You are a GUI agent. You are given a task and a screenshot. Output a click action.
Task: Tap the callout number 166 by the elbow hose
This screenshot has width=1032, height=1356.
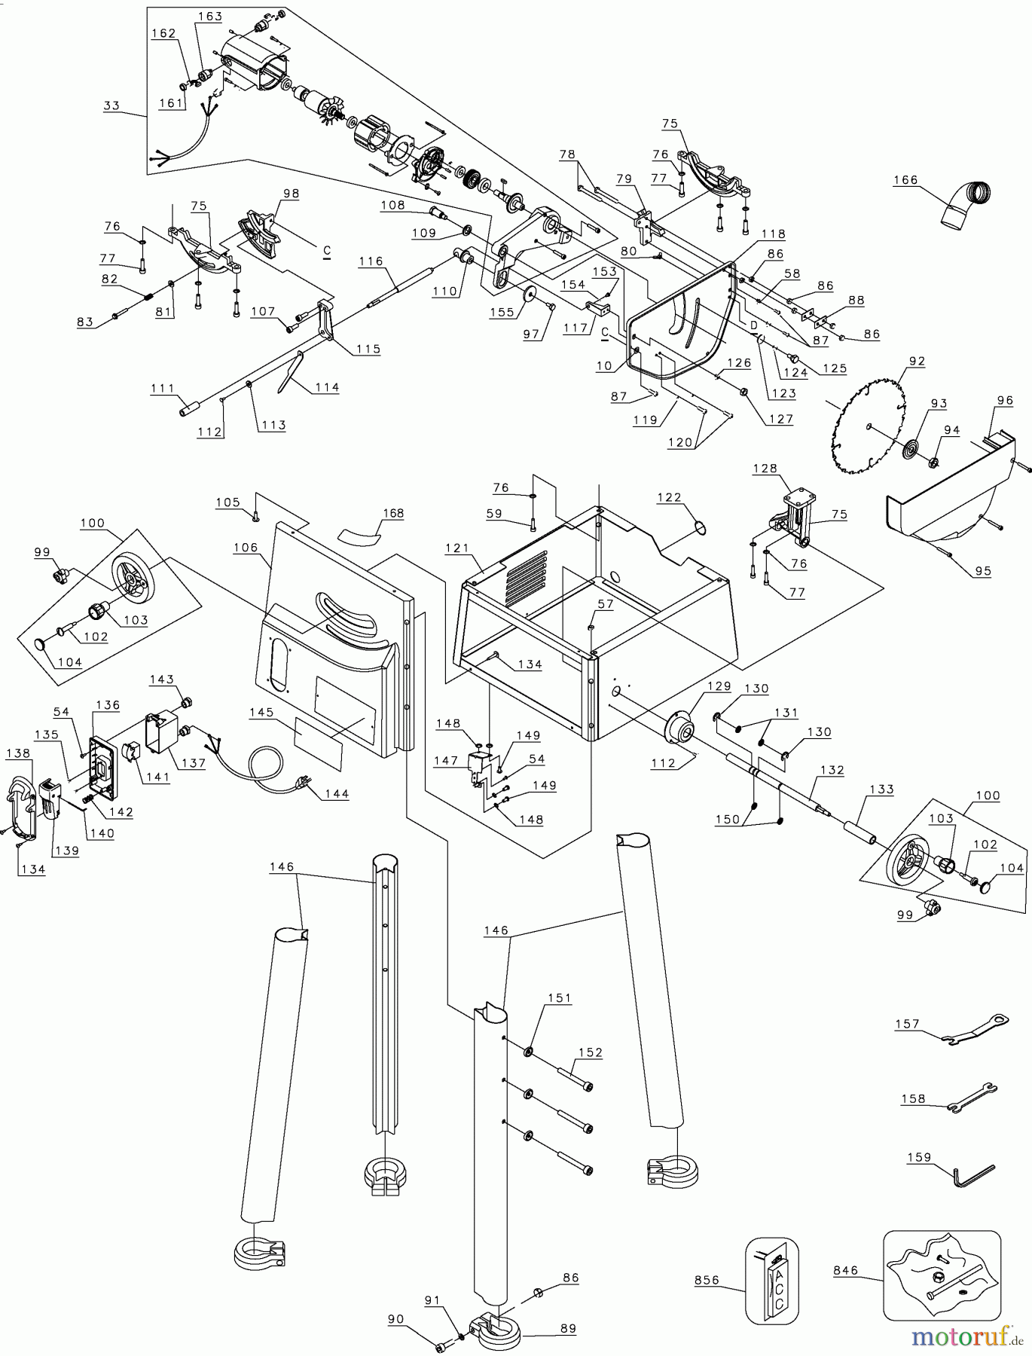tap(905, 180)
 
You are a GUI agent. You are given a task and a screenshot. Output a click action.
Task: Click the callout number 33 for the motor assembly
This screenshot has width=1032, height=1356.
tap(111, 105)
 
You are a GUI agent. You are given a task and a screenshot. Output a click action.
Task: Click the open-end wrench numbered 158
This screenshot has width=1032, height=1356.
tap(972, 1097)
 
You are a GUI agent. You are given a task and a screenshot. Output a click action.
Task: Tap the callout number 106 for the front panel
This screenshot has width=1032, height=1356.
tap(246, 548)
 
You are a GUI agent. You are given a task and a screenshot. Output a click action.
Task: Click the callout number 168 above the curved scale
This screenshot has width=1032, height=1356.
tap(392, 513)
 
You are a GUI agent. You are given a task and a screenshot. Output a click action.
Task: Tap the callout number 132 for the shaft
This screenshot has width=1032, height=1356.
tap(832, 770)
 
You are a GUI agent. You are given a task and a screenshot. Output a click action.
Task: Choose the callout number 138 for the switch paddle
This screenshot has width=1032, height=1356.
tap(18, 753)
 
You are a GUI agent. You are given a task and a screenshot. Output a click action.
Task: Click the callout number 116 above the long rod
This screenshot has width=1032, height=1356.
tap(371, 261)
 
